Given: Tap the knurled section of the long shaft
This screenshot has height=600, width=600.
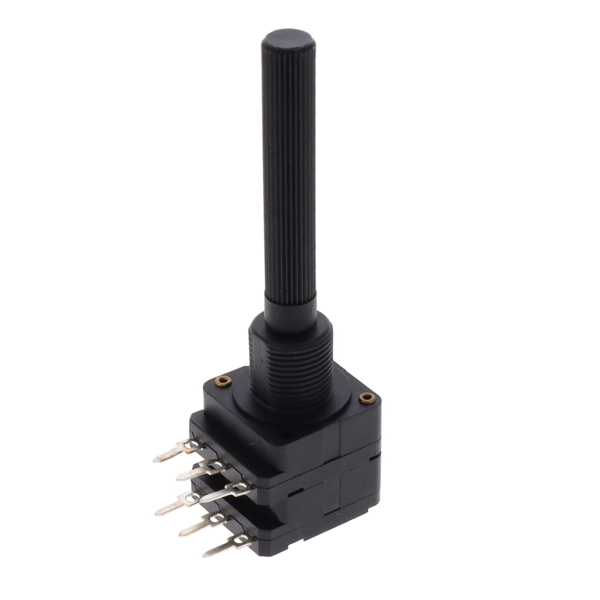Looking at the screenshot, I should click(289, 168).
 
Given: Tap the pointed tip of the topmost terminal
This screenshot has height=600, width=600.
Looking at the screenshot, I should click(155, 460).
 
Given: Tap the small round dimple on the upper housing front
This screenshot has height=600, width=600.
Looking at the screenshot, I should click(286, 437).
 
